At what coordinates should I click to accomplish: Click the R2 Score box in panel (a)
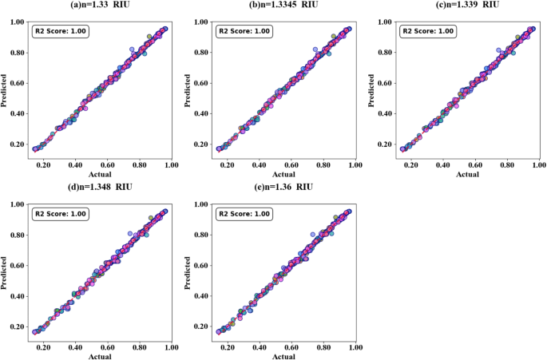[61, 32]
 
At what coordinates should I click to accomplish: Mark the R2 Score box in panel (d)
[61, 214]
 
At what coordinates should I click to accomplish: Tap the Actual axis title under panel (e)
[284, 356]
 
